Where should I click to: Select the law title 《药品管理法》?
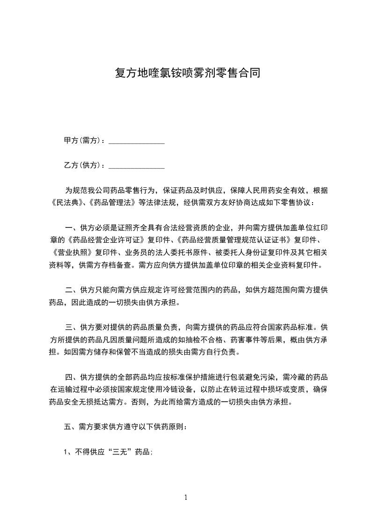coord(112,203)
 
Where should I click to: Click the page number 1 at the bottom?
coord(186,497)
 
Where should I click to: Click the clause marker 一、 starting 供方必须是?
coord(72,228)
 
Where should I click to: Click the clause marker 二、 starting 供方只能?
coord(72,290)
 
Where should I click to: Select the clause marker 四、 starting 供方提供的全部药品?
coord(72,377)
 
